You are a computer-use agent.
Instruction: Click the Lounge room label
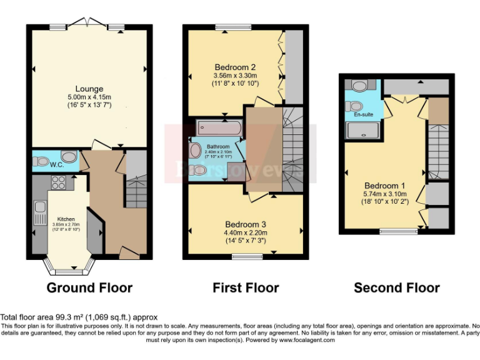[89, 88]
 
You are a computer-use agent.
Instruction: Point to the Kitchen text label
[66, 219]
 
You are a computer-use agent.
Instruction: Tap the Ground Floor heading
[89, 288]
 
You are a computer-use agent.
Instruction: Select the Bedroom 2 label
[235, 67]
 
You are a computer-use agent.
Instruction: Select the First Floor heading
[246, 288]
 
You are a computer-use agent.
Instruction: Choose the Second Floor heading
[396, 288]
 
